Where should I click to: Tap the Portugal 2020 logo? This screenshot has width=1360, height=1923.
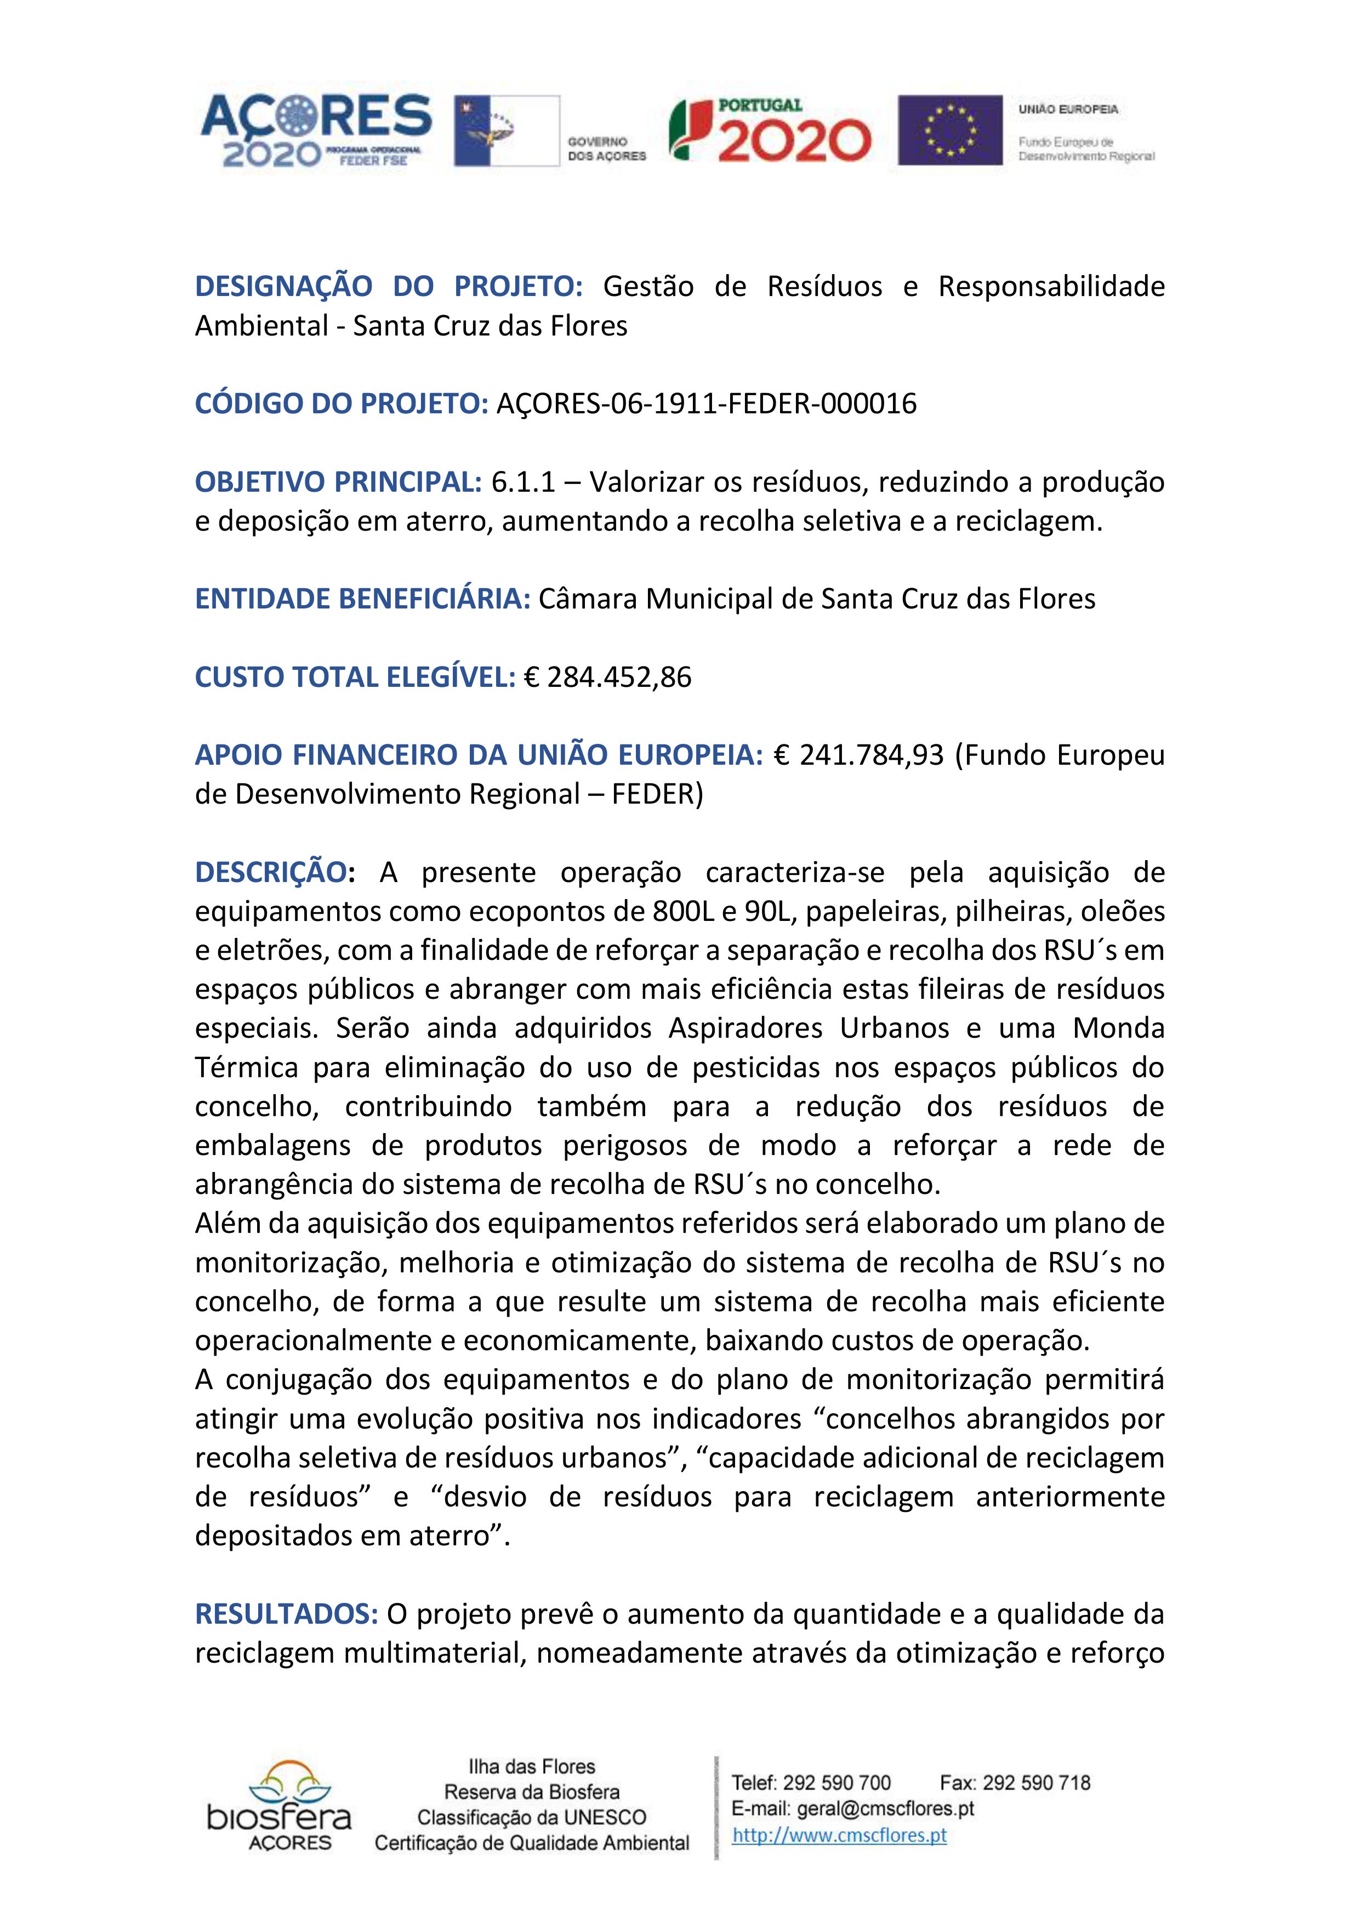(x=770, y=130)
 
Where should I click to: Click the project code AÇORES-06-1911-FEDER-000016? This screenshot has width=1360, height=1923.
(x=707, y=403)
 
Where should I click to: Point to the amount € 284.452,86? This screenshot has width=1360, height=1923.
(x=607, y=677)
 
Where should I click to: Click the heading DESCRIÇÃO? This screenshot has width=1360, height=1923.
(x=270, y=872)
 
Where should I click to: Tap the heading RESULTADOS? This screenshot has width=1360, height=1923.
(x=286, y=1614)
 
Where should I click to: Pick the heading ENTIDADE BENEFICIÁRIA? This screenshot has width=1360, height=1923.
(x=362, y=599)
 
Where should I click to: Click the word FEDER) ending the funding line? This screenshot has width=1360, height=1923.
(x=657, y=794)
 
